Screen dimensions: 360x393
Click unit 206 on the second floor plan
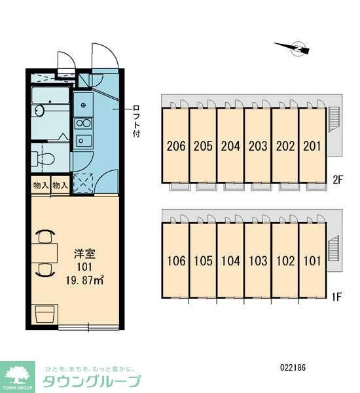click(x=175, y=145)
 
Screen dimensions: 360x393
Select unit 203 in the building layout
click(x=258, y=145)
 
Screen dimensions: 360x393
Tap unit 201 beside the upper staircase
click(x=313, y=145)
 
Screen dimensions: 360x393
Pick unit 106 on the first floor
click(x=175, y=261)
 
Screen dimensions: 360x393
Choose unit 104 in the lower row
click(x=230, y=261)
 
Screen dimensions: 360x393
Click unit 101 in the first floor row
click(x=313, y=261)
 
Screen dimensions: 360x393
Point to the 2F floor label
click(x=337, y=179)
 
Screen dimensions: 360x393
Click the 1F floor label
click(x=336, y=297)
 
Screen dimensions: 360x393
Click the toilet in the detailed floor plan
click(x=43, y=158)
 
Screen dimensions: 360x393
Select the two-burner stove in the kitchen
click(x=83, y=123)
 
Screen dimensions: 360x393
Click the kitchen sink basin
click(x=84, y=141)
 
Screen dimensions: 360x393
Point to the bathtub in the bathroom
click(x=50, y=95)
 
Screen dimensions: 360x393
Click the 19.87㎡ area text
click(x=84, y=280)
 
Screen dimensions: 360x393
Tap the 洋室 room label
click(x=84, y=254)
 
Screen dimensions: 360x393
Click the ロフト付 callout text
click(x=136, y=121)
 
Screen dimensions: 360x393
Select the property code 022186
click(x=293, y=367)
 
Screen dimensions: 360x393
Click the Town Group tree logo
click(x=18, y=377)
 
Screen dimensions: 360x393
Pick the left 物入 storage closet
click(x=41, y=185)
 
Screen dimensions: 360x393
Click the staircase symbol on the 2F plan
click(x=333, y=119)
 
